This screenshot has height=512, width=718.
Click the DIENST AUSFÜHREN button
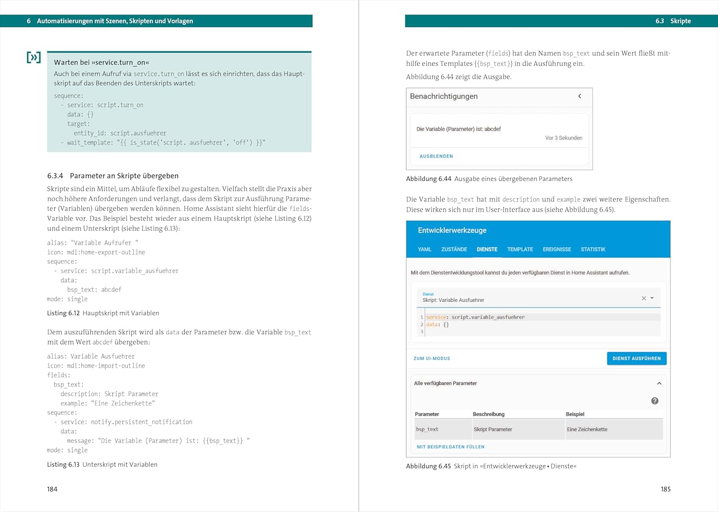pos(636,358)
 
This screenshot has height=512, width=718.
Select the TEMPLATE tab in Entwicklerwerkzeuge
pos(520,250)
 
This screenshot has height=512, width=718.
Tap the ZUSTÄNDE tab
pos(454,250)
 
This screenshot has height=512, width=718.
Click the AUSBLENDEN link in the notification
pos(436,156)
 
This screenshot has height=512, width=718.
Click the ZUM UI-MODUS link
pos(432,358)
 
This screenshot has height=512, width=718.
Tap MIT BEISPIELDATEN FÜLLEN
pos(450,447)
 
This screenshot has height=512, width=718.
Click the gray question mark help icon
pos(655,401)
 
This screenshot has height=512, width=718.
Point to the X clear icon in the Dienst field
pos(644,298)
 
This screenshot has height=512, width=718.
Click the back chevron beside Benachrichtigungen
pos(580,96)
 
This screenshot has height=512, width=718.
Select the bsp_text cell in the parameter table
pos(427,429)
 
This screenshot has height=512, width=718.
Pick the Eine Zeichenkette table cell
pos(587,429)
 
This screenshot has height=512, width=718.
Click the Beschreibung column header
pos(488,414)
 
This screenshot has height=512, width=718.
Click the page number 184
pos(52,489)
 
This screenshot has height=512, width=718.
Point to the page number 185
pos(665,489)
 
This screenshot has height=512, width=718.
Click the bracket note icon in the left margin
pos(34,57)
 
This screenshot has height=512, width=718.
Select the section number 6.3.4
pos(55,176)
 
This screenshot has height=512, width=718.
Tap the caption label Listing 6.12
pos(63,313)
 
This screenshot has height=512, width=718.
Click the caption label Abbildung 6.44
pos(428,179)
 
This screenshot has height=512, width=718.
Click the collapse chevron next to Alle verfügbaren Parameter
pos(659,383)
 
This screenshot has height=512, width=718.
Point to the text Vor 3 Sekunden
pos(563,138)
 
